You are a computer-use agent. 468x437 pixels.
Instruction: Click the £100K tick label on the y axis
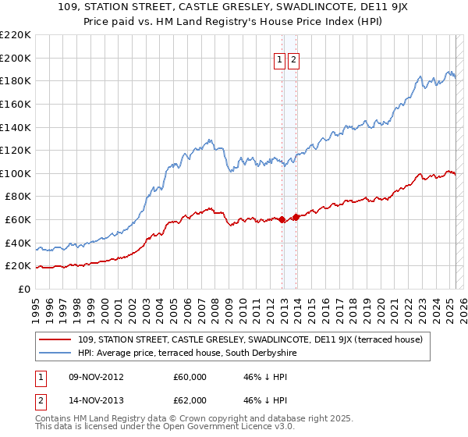pyautogui.click(x=15, y=173)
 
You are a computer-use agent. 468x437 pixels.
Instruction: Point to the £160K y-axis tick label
pyautogui.click(x=15, y=104)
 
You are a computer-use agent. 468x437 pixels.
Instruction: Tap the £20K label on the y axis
pyautogui.click(x=17, y=266)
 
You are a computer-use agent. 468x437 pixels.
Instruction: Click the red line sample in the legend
pyautogui.click(x=55, y=339)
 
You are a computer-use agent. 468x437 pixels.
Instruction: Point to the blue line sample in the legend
pyautogui.click(x=55, y=353)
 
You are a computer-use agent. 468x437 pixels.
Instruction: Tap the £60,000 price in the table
pyautogui.click(x=190, y=376)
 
